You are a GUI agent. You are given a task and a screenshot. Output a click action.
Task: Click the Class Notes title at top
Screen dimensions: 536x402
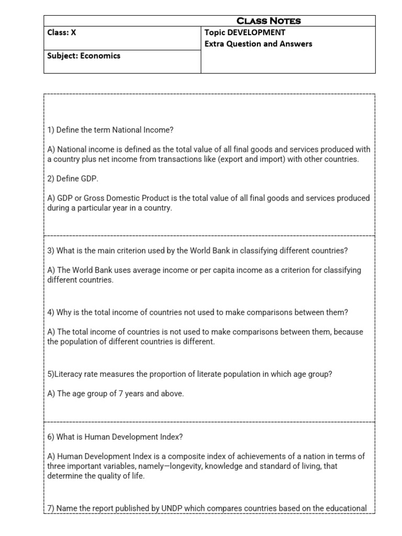coord(269,21)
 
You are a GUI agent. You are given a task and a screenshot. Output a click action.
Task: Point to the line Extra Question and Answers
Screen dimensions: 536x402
coord(258,43)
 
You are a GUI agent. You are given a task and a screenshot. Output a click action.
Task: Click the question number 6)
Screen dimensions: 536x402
coord(51,437)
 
